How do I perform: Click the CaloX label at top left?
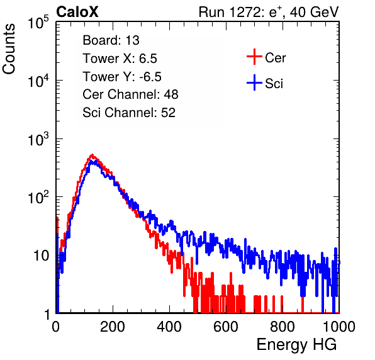tap(77, 12)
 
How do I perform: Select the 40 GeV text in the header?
tap(314, 12)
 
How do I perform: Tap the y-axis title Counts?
tap(9, 49)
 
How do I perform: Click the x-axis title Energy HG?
tap(296, 345)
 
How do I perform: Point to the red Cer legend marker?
tap(254, 57)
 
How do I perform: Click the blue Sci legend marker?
tap(254, 83)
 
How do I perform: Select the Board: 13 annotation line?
tap(111, 40)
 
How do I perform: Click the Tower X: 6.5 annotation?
tap(120, 59)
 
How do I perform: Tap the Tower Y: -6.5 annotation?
tap(122, 77)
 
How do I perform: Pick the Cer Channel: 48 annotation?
tap(130, 94)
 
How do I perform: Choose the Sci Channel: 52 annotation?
tap(129, 113)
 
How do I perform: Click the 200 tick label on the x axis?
tap(113, 327)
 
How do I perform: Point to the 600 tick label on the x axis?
tap(226, 327)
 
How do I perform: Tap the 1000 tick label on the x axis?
tap(339, 327)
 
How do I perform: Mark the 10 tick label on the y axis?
tap(41, 256)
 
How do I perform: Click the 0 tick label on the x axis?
tap(56, 327)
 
